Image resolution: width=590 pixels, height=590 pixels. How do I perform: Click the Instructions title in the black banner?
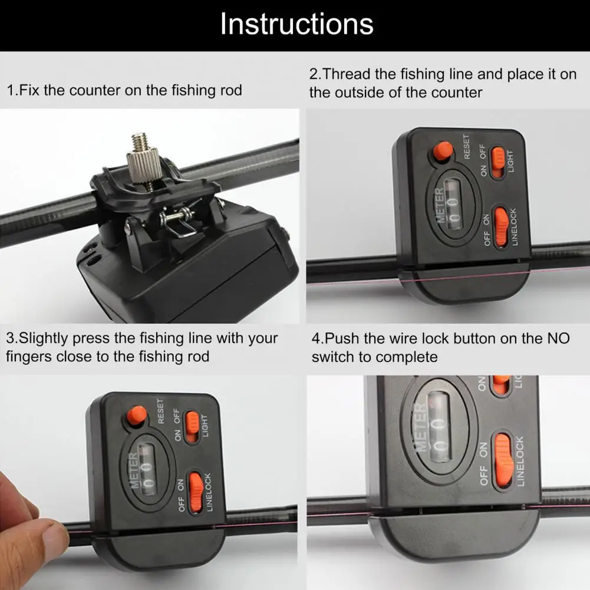[x=296, y=24]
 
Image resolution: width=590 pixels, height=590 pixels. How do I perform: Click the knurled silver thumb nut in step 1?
[x=144, y=166]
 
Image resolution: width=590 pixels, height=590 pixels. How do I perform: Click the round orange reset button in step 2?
[x=443, y=151]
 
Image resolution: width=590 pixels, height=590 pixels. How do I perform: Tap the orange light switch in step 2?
[x=498, y=162]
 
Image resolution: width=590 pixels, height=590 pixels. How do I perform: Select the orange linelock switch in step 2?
[x=501, y=228]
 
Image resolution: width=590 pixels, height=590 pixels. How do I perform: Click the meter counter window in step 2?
[x=452, y=203]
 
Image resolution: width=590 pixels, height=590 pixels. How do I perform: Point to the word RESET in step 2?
[x=467, y=147]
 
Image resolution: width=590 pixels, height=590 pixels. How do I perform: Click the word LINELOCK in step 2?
[x=514, y=227]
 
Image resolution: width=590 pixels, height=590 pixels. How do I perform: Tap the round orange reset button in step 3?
[x=137, y=416]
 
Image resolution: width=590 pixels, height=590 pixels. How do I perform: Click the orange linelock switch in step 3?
[x=196, y=492]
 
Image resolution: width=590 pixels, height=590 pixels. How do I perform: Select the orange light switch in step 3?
[x=193, y=427]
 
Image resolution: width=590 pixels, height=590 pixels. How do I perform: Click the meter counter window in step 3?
[x=147, y=469]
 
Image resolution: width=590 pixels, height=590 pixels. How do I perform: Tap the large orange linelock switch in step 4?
[x=503, y=460]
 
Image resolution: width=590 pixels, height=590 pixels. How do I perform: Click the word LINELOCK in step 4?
[x=519, y=462]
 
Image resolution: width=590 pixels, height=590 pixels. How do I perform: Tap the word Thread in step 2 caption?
[x=346, y=74]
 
